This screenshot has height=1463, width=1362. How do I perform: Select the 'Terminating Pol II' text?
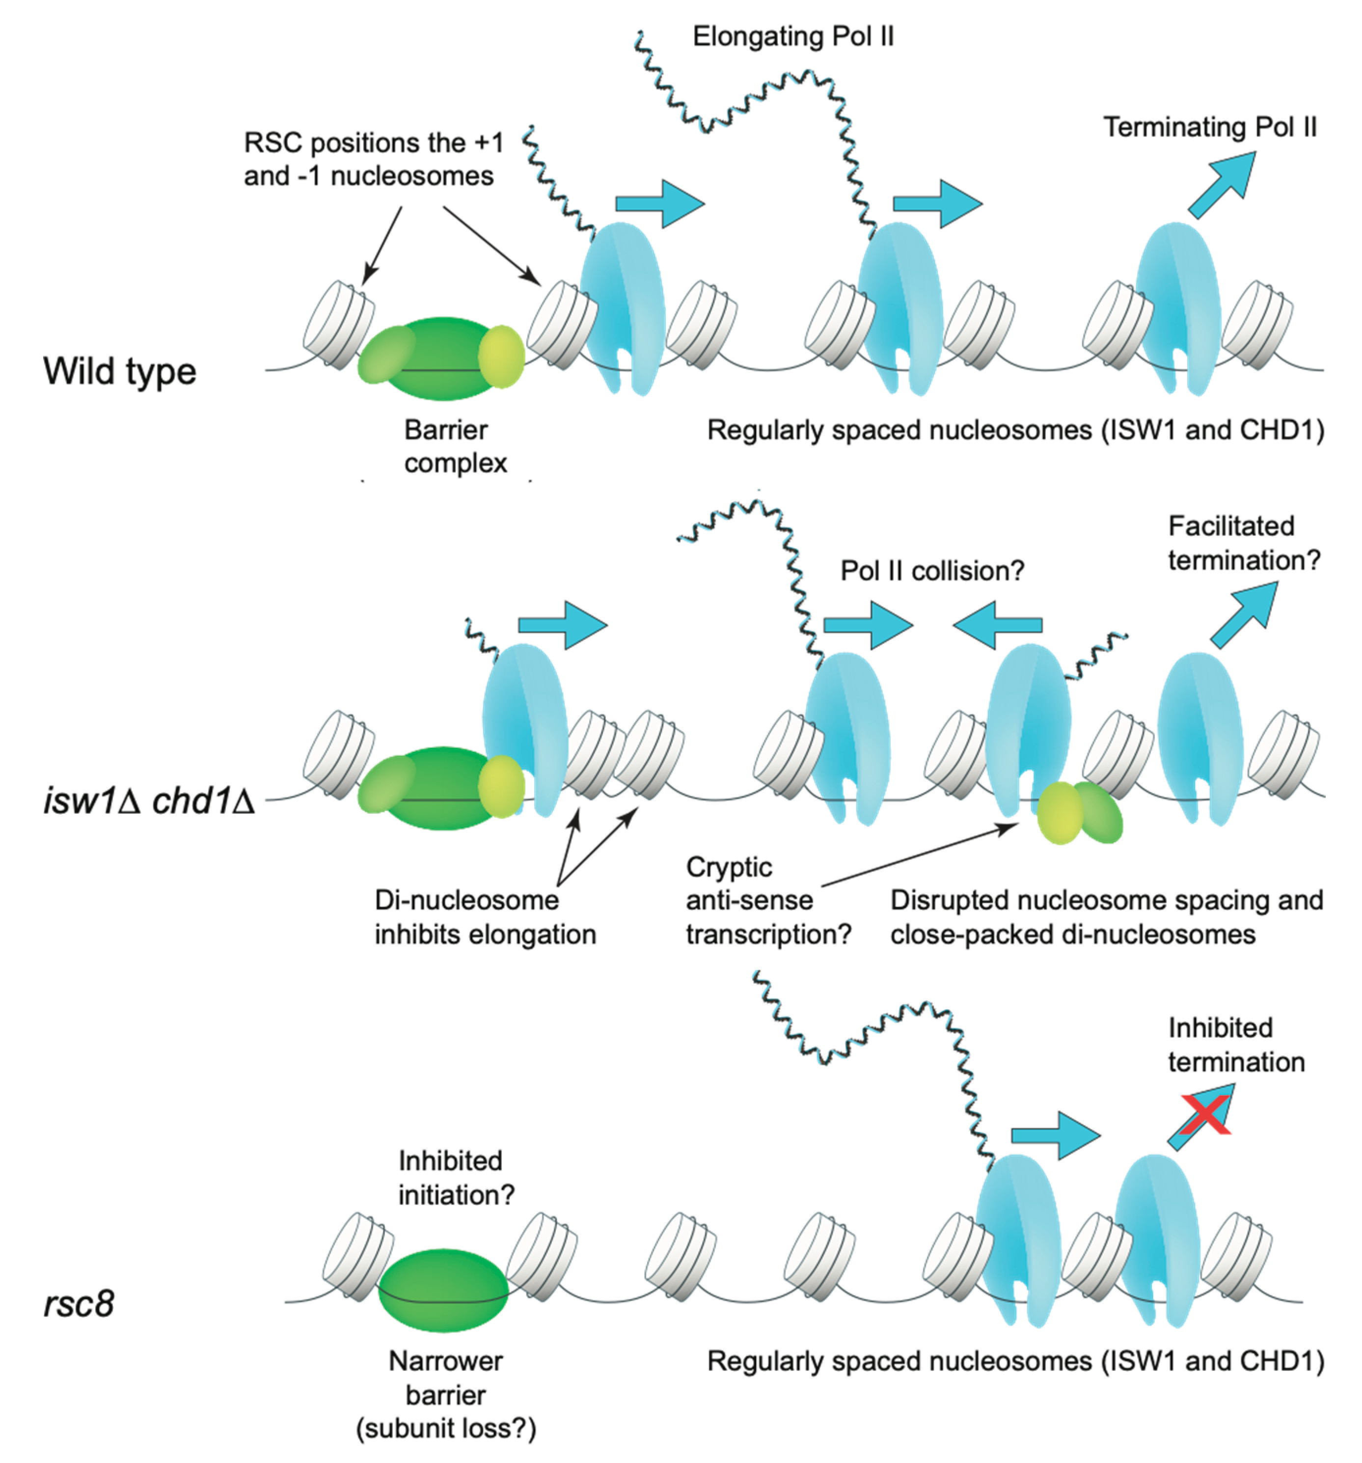pyautogui.click(x=1209, y=127)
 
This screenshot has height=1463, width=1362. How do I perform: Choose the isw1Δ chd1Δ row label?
pyautogui.click(x=149, y=801)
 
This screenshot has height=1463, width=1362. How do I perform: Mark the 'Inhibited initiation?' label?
pyautogui.click(x=456, y=1178)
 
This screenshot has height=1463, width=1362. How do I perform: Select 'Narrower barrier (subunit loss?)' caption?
pyautogui.click(x=446, y=1395)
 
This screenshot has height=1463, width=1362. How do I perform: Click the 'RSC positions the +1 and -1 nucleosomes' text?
pyautogui.click(x=373, y=159)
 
